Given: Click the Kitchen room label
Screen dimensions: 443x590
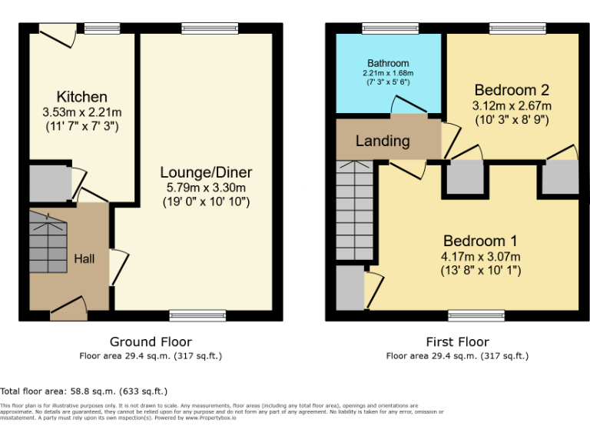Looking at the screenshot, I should pyautogui.click(x=81, y=97).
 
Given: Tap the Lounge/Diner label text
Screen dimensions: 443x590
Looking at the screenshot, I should pyautogui.click(x=206, y=172).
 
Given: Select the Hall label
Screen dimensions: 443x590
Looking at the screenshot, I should pyautogui.click(x=84, y=258).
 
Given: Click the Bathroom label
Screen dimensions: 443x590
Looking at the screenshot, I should pyautogui.click(x=388, y=63).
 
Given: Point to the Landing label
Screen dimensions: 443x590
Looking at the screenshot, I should pyautogui.click(x=383, y=141).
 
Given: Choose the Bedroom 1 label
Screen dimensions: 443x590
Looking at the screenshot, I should pyautogui.click(x=475, y=241).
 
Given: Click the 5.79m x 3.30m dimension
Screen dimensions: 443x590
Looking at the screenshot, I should pyautogui.click(x=206, y=187).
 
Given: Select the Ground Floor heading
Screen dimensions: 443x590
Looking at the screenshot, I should pyautogui.click(x=151, y=341).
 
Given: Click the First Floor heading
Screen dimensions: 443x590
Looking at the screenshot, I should pyautogui.click(x=457, y=341).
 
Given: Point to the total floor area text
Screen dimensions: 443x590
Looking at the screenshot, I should pyautogui.click(x=84, y=391).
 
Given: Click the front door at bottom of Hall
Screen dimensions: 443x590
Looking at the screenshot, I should pyautogui.click(x=68, y=309).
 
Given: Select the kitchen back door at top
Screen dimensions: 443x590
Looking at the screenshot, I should pyautogui.click(x=56, y=30).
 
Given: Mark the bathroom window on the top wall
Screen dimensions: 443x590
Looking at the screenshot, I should pyautogui.click(x=392, y=28).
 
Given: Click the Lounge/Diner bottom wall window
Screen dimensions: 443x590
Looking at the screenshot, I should pyautogui.click(x=197, y=315).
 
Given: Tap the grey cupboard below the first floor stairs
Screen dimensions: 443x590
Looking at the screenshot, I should pyautogui.click(x=350, y=288).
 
